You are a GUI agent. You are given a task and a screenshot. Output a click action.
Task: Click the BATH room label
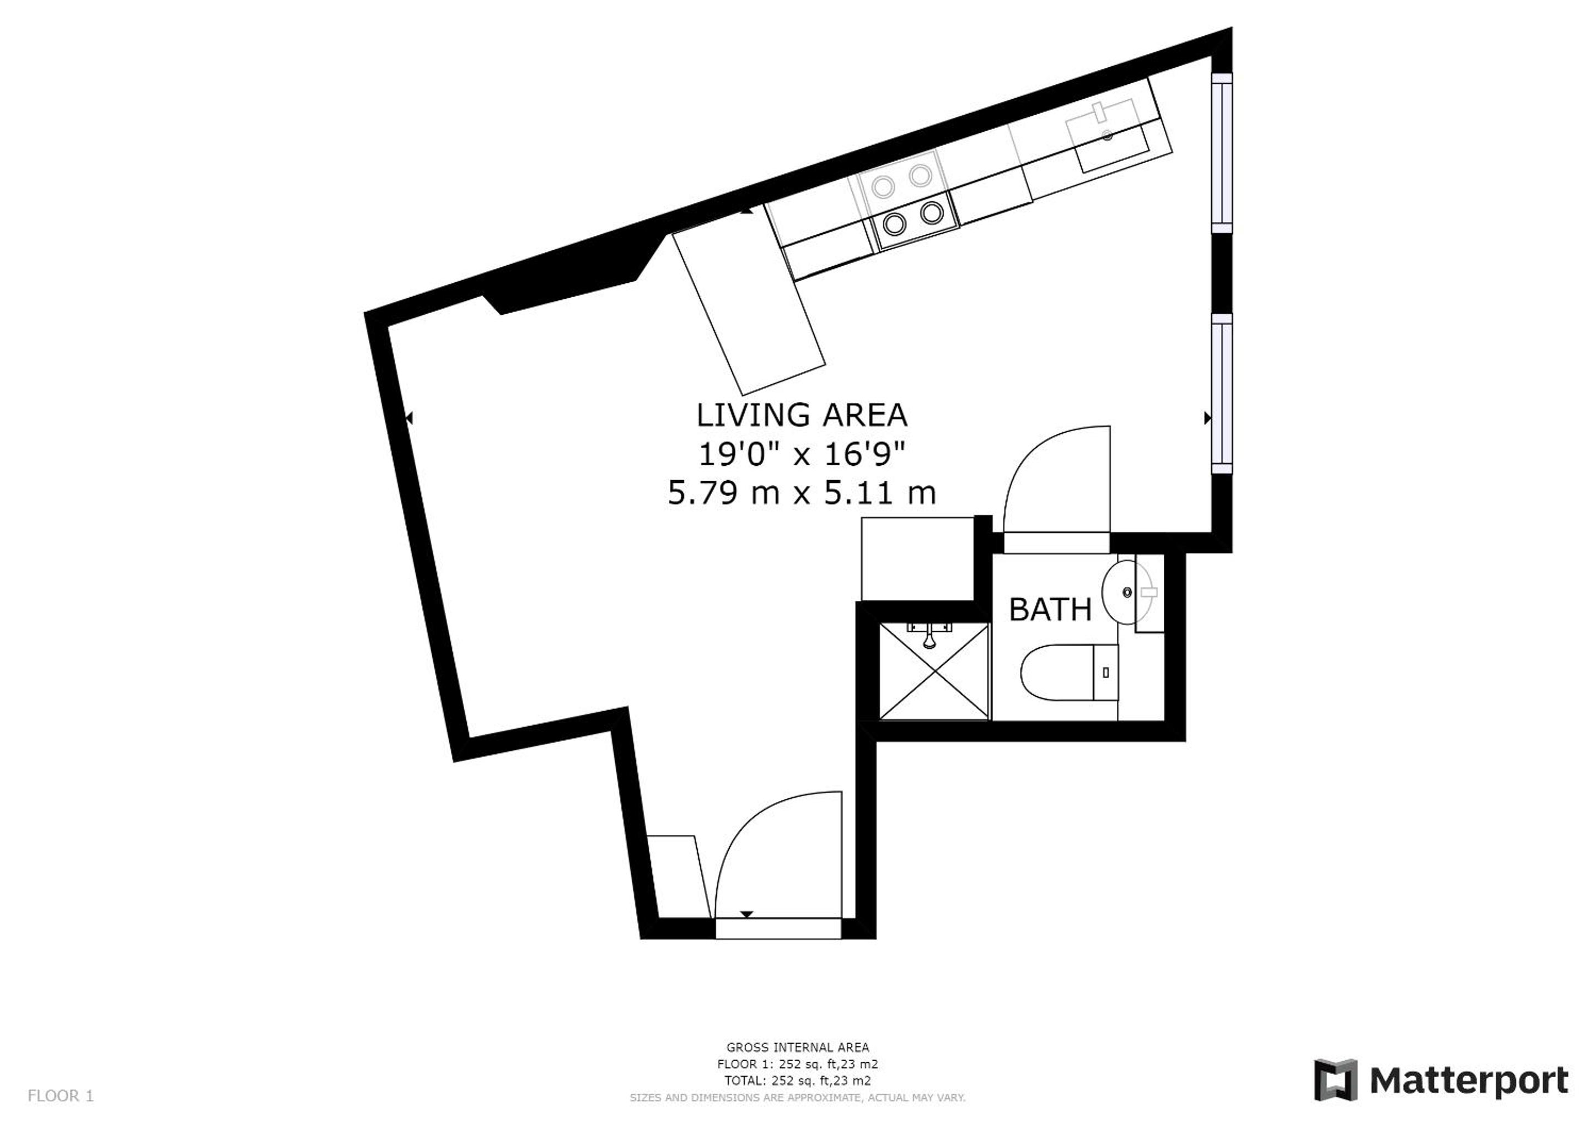click(1050, 610)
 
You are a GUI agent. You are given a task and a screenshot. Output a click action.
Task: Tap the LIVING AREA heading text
click(802, 415)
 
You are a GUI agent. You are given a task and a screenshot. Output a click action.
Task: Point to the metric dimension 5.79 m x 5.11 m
click(802, 493)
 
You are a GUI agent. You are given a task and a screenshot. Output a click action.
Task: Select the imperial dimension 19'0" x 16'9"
click(802, 455)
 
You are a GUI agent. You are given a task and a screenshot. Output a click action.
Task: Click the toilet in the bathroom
click(1069, 672)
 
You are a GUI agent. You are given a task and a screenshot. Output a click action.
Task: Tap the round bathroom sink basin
click(1127, 592)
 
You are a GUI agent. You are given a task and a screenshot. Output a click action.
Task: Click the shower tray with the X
click(933, 671)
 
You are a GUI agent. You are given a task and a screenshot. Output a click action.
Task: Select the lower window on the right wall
click(1222, 394)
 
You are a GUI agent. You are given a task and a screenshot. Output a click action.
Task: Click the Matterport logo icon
click(1335, 1079)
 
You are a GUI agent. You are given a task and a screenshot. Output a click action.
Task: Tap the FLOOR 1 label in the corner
click(61, 1096)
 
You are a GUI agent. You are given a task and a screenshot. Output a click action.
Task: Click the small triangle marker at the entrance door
click(746, 914)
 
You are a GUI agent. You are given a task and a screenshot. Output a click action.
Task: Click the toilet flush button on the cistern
click(1106, 672)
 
